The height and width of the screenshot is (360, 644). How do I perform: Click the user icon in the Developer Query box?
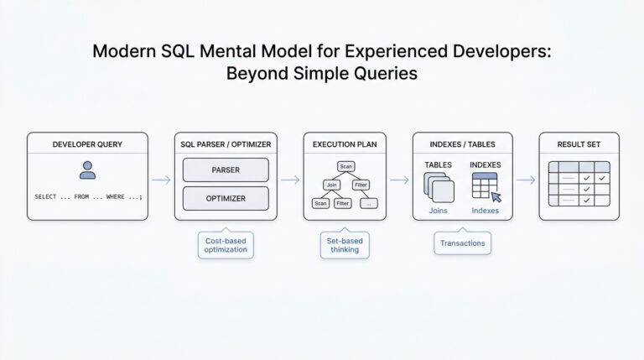click(87, 170)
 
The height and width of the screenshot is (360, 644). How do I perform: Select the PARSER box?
click(226, 170)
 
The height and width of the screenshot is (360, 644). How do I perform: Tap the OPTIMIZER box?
click(226, 198)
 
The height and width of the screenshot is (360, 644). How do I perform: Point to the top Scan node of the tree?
click(345, 166)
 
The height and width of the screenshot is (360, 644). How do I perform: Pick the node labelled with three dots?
click(368, 203)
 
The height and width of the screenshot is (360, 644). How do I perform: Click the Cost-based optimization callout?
click(226, 246)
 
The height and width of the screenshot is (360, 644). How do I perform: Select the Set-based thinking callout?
click(345, 246)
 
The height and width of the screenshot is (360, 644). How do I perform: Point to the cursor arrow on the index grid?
click(496, 197)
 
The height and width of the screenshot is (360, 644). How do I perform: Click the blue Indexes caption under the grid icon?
click(485, 211)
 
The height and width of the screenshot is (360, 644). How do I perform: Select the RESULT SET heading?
click(579, 144)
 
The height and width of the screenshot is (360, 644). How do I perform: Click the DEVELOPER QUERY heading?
click(87, 144)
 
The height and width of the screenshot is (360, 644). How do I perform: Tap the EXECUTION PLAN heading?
click(345, 144)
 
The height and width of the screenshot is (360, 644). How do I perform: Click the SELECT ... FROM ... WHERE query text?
click(88, 196)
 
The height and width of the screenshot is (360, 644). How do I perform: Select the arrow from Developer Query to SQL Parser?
click(160, 180)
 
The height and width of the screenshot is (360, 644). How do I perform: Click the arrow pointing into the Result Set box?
click(525, 180)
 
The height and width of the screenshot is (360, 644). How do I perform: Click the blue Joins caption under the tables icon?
click(438, 211)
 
